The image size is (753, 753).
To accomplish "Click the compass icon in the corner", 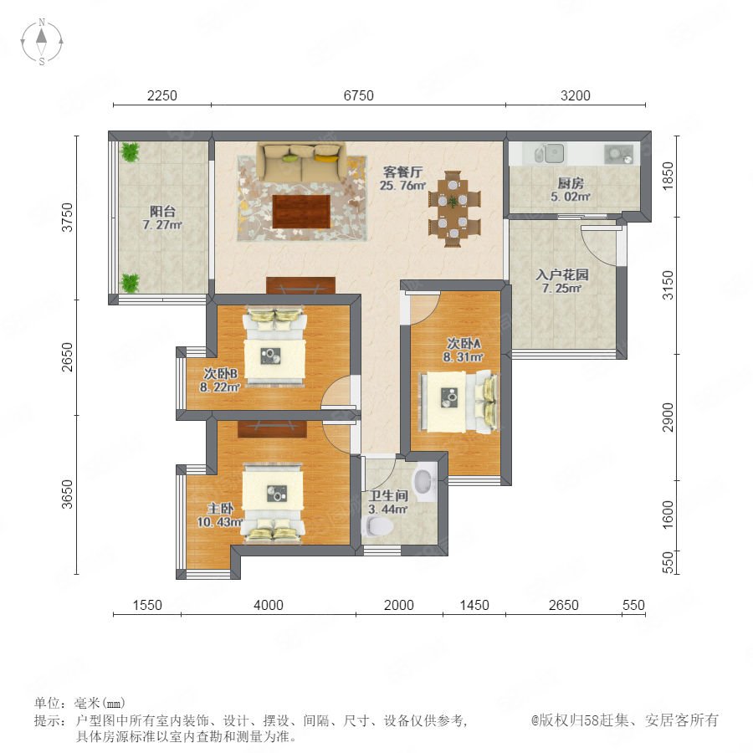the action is pos(42,41).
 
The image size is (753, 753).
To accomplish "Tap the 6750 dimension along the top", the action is pos(358,95).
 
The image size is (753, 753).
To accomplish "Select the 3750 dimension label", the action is pos(68,217).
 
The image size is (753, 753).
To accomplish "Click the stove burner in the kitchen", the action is pos(618,154).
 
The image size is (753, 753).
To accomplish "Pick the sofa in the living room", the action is pos(301,161).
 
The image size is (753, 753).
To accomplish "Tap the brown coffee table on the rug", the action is pos(301,212).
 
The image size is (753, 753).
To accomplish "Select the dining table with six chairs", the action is pos(453,208).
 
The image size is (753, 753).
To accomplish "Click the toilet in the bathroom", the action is pos(378,526).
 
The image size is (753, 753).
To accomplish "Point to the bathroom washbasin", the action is pos(424,482).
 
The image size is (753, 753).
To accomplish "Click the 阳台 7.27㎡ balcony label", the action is pos(162,218).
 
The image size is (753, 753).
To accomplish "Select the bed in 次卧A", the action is pos(459,402).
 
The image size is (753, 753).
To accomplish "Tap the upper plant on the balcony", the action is pos(130,151).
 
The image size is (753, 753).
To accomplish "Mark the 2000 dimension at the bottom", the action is pos(398,605).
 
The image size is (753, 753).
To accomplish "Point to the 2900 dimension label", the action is pos(668,417).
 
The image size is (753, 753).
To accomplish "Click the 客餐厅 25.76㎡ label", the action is pos(402,178).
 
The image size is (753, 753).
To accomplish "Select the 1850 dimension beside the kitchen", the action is pos(668,176).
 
